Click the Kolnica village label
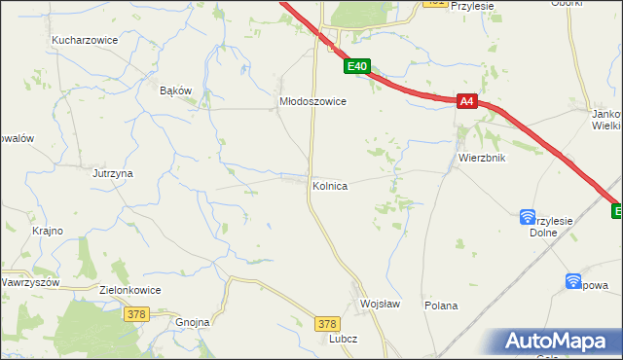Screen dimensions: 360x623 [x=330, y=185]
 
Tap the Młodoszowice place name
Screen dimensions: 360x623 [x=313, y=100]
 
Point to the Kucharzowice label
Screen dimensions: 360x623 [x=85, y=41]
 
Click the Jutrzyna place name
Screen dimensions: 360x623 [x=113, y=173]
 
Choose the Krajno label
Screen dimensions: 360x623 [x=48, y=231]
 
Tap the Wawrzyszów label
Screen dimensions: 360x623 [x=30, y=282]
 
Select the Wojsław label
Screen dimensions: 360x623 [x=380, y=304]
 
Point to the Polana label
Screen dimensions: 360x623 [x=441, y=306]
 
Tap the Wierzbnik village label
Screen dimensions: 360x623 [x=479, y=158]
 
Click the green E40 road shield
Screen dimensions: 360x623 [x=357, y=67]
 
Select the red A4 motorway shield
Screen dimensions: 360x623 [x=467, y=100]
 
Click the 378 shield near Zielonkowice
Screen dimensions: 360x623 [x=136, y=313]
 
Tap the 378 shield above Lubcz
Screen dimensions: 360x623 [x=328, y=323]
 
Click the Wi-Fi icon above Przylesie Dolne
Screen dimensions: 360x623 [x=528, y=216]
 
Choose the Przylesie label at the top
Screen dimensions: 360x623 [x=473, y=6]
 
